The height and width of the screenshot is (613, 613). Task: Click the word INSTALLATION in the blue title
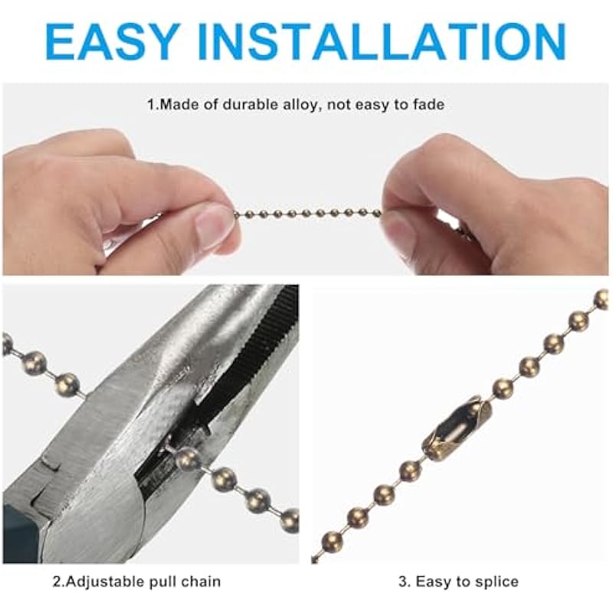coord(382,42)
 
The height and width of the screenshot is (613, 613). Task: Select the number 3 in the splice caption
coord(403,582)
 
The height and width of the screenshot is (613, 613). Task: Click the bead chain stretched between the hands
coord(308,214)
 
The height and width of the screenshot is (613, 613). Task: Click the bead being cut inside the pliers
coord(188,458)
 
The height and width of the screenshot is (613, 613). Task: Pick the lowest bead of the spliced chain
coord(332,542)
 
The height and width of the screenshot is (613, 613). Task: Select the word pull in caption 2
coord(163,582)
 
